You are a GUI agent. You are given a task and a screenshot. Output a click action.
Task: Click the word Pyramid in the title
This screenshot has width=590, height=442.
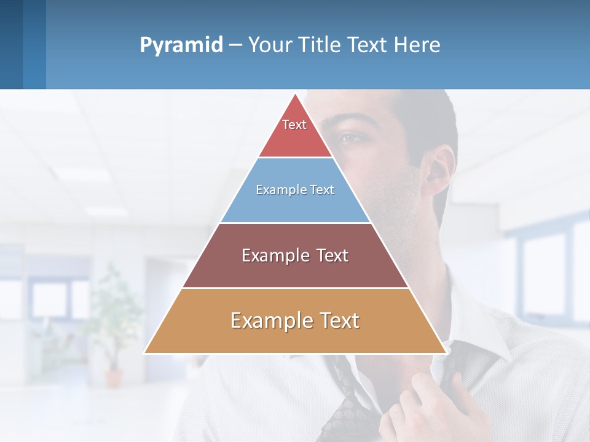point(181,45)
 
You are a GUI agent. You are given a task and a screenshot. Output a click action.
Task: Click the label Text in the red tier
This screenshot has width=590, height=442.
point(294,125)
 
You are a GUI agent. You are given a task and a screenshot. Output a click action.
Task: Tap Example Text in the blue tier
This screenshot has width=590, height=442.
point(295,190)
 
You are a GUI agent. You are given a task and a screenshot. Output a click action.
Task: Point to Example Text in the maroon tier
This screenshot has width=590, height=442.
point(295,255)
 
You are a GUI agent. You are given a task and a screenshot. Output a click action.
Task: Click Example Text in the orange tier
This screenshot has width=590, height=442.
point(295,320)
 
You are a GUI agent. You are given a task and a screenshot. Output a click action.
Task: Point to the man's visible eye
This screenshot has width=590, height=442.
point(351,137)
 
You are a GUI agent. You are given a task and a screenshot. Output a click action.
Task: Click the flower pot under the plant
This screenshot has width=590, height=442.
point(114,377)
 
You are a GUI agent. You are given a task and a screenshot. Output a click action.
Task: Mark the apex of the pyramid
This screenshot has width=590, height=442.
point(296,95)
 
